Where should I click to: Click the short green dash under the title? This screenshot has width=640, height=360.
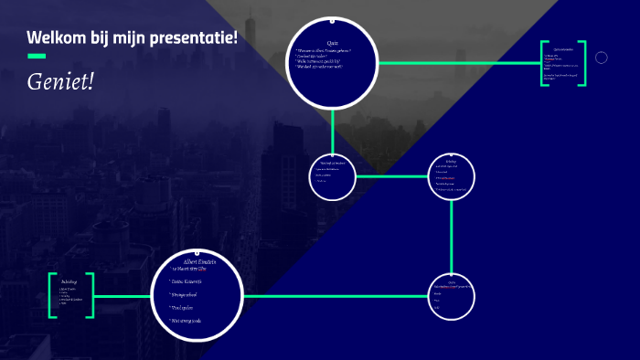point(37,57)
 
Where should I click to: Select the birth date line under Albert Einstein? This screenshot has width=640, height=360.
point(197,270)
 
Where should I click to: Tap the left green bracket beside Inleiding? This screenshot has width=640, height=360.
point(52,295)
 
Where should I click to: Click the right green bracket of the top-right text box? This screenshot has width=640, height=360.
point(582,63)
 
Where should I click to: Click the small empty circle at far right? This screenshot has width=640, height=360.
point(602,58)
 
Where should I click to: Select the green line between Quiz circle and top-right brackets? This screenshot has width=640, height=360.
point(457,63)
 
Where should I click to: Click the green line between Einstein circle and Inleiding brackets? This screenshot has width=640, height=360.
point(123,295)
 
